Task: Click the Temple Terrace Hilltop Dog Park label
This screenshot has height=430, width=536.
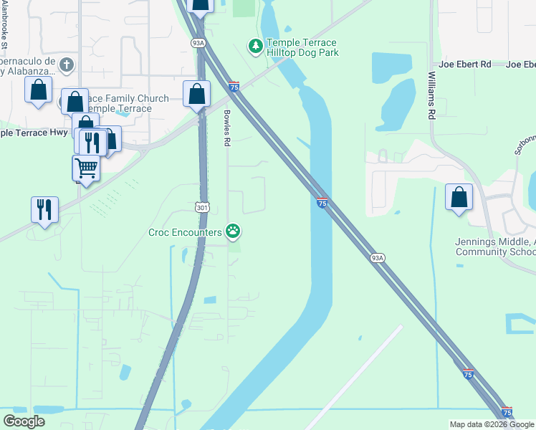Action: pyautogui.click(x=302, y=48)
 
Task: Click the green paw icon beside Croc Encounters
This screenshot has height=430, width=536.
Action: pyautogui.click(x=233, y=231)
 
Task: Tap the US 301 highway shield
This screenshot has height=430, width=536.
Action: pyautogui.click(x=202, y=206)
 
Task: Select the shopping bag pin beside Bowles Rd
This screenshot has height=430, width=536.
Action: pyautogui.click(x=196, y=94)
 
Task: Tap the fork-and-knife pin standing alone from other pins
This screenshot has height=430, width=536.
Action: pyautogui.click(x=44, y=210)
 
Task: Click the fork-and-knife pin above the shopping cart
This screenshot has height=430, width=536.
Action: pyautogui.click(x=92, y=142)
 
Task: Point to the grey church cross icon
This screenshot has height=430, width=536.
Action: pyautogui.click(x=66, y=65)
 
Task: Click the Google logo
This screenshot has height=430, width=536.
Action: pyautogui.click(x=24, y=421)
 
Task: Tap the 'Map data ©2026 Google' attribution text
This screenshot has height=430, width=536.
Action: pyautogui.click(x=491, y=424)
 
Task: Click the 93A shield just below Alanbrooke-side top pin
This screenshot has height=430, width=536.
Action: pyautogui.click(x=198, y=43)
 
